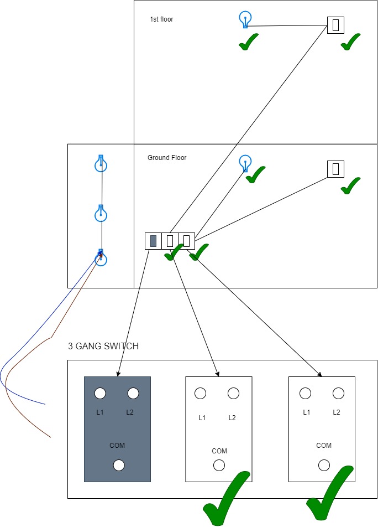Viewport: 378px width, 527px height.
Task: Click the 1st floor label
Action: [x=161, y=19]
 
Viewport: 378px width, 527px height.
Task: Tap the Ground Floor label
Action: [x=167, y=158]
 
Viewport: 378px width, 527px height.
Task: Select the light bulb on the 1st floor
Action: [x=245, y=19]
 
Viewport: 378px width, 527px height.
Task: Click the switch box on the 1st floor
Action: [x=336, y=25]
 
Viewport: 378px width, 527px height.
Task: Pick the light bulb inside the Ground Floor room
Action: [x=245, y=163]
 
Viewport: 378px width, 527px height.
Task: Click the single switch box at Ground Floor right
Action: [x=336, y=169]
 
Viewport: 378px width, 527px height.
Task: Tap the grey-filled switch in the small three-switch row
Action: [x=153, y=241]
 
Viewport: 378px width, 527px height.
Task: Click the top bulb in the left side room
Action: [x=101, y=163]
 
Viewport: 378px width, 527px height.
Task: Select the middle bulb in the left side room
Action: [x=101, y=213]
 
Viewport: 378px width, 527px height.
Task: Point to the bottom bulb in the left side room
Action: [x=101, y=257]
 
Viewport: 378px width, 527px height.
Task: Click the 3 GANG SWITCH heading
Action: [x=103, y=346]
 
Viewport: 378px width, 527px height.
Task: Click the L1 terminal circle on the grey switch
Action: [x=100, y=393]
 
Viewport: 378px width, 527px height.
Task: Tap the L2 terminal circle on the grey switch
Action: [x=133, y=393]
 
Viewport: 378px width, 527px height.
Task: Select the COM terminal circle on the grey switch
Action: [x=119, y=465]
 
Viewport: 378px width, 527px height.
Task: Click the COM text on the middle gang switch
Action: [x=219, y=451]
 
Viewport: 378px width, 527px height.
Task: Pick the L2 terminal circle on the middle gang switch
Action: [x=233, y=393]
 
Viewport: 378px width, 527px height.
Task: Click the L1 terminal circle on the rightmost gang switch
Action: [x=305, y=393]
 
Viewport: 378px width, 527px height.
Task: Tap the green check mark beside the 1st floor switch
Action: [x=350, y=42]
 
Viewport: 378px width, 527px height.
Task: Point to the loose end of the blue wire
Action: [x=45, y=404]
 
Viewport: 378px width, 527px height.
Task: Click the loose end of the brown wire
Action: [x=50, y=437]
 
